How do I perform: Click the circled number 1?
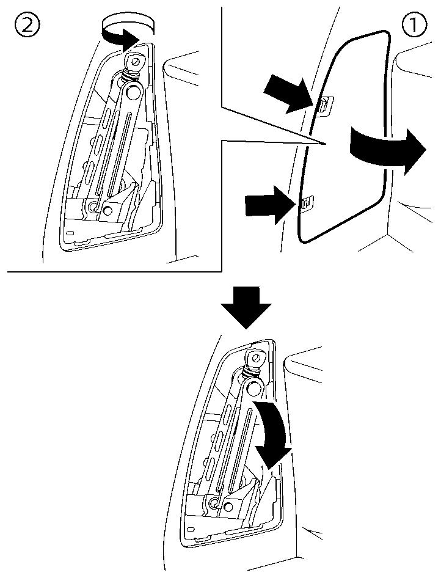click(414, 26)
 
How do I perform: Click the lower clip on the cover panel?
click(305, 203)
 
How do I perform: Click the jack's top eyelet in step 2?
click(134, 62)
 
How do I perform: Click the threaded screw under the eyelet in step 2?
click(129, 76)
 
